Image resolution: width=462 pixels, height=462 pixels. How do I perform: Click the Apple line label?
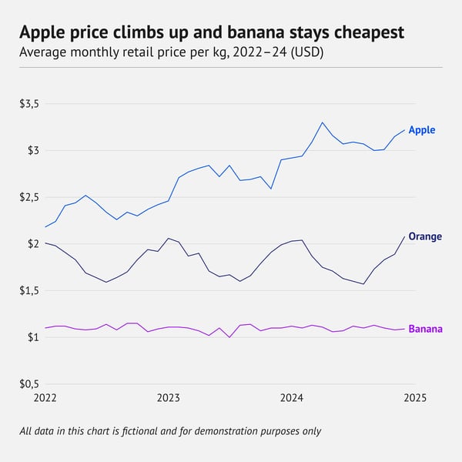(x=422, y=130)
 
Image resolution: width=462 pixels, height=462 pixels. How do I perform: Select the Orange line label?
(x=425, y=236)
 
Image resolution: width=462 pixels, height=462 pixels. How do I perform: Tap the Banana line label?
(x=425, y=329)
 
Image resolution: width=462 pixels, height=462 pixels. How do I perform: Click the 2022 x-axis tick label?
(x=45, y=398)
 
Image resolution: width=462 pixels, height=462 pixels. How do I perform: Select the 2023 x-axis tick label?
(x=169, y=398)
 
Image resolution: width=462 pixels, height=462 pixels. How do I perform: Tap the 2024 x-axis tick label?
(x=292, y=398)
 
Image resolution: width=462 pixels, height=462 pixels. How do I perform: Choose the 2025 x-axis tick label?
(x=415, y=398)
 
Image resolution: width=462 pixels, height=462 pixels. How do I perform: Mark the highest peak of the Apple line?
(x=323, y=122)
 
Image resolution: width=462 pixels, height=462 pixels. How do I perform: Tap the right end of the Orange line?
(x=405, y=236)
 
